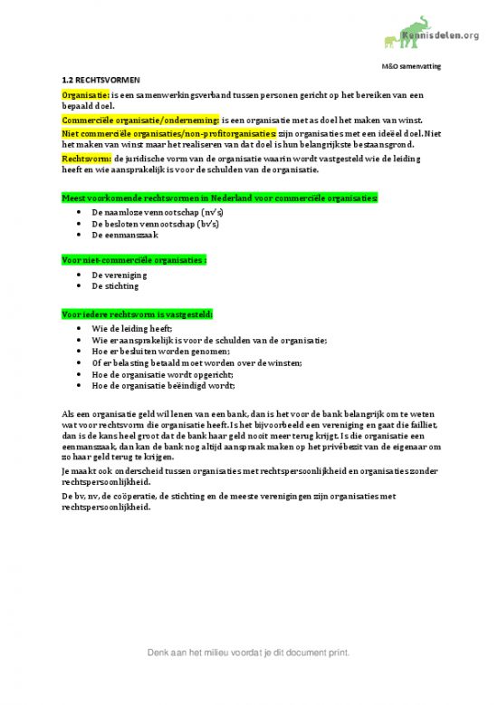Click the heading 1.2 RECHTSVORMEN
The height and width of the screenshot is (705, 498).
click(101, 80)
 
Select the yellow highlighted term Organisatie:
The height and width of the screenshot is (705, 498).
click(85, 94)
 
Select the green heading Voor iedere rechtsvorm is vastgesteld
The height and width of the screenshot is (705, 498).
click(137, 314)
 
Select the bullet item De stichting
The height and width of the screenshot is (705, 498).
click(116, 285)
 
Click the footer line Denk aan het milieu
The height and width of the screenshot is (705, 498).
click(249, 652)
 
